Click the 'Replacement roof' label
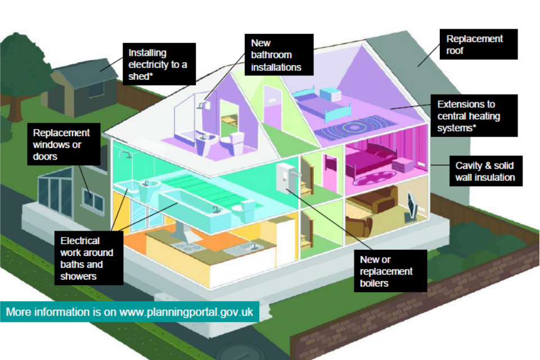[475, 44]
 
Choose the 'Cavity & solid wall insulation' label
[484, 172]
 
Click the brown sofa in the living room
[374, 199]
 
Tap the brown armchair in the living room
[360, 226]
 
